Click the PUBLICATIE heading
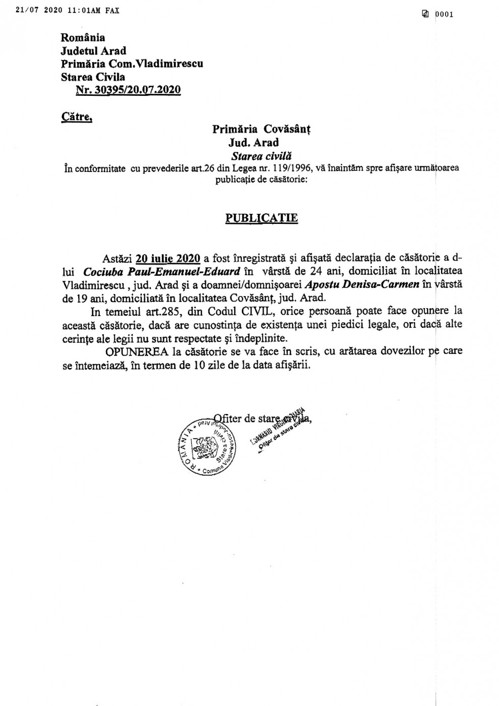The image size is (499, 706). point(261,218)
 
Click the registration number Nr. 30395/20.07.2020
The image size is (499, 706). point(128,90)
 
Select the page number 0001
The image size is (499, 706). point(444,14)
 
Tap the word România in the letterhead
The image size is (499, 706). point(83,37)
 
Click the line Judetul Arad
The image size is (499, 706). point(93,50)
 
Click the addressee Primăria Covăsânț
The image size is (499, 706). point(262,129)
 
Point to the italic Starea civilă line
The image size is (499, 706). point(261,156)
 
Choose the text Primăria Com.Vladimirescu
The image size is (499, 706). point(132,64)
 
